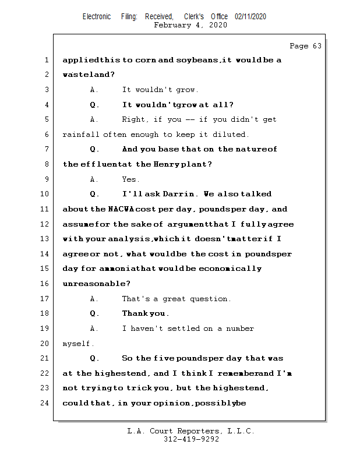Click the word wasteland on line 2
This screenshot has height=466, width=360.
[88, 75]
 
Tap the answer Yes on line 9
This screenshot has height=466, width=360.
[130, 179]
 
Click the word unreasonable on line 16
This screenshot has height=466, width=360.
[96, 284]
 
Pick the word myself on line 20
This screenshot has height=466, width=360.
[78, 344]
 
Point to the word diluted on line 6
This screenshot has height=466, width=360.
[232, 135]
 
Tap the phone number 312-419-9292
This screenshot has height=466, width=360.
[191, 440]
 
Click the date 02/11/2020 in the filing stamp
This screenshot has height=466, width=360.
[250, 17]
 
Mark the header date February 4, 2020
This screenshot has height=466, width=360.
[190, 25]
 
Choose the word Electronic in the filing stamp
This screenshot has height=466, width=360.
[97, 17]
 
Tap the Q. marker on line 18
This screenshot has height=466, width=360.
[94, 314]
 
